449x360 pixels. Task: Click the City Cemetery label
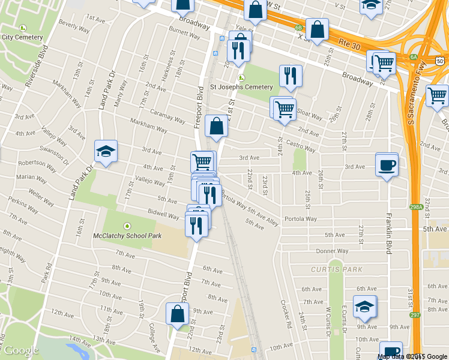coord(23,37)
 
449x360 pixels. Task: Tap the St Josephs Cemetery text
coord(241,87)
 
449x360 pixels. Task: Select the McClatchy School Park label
coord(127,236)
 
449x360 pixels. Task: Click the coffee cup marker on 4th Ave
coord(387,164)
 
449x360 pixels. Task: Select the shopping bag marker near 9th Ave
coord(178,314)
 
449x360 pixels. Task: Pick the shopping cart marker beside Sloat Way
coord(284,109)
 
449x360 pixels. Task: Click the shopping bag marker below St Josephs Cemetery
coord(216,126)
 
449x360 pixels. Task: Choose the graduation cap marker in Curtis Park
coord(364,307)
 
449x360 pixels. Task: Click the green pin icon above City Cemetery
coord(23,28)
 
